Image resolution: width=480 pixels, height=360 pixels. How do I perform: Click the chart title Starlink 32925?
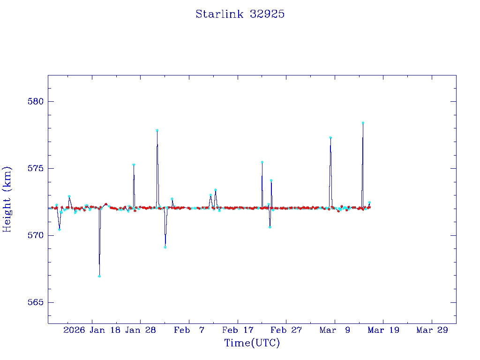coord(240,14)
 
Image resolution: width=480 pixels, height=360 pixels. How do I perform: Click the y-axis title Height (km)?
coord(7,199)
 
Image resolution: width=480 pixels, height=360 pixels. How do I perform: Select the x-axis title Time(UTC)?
coord(252,343)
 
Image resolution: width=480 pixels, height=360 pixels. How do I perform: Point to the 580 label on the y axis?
coord(35,101)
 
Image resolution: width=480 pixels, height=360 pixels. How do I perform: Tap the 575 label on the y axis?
coord(35,168)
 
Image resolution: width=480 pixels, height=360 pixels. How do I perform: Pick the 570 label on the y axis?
coord(35,235)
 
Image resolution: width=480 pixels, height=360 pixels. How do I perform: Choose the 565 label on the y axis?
coord(35,302)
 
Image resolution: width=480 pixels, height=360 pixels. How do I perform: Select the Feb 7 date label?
coord(189,330)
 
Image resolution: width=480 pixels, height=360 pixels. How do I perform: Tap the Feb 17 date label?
coord(238,330)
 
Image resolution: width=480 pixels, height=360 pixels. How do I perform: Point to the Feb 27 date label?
coord(286,330)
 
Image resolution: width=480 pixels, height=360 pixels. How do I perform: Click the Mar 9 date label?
coord(335,330)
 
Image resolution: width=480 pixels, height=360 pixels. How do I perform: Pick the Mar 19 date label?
coord(383,330)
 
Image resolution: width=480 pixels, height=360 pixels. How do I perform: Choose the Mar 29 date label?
coord(432,330)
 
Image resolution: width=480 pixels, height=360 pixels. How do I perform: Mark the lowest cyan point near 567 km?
coord(99,276)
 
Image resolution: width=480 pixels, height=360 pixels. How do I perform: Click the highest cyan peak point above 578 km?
coord(363,123)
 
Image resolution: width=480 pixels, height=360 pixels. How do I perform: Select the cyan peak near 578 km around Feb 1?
coord(157,130)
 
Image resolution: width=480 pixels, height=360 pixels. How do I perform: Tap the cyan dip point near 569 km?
coord(165,247)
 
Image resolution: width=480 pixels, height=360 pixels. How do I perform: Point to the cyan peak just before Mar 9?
coord(330,138)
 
